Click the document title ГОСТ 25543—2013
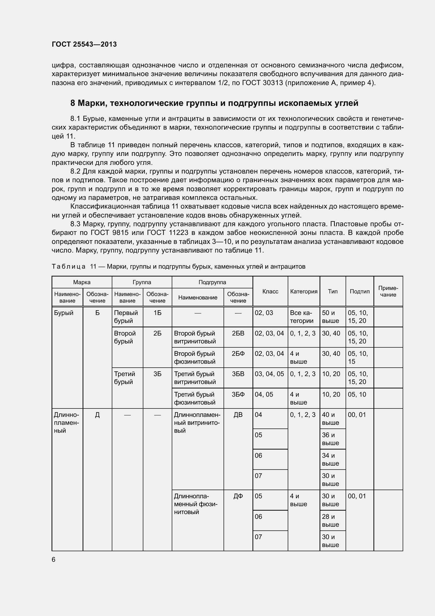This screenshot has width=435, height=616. coord(84,44)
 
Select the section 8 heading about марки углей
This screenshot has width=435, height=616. coord(214,103)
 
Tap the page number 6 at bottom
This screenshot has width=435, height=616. coord(54,559)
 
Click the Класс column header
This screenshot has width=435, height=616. coord(270,291)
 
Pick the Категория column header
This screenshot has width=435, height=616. coord(304,291)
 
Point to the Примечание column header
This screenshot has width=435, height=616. coord(388,291)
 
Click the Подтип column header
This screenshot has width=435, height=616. coord(360,291)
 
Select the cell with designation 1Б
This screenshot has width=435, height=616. coord(157,313)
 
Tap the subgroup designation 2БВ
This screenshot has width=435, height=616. coord(238,333)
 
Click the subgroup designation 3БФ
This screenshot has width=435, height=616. coord(238,395)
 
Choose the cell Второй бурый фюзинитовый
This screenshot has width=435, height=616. coord(195,357)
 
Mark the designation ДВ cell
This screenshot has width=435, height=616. coord(238,415)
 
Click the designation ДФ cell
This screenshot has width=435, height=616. coord(238,496)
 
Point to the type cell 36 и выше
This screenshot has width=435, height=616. coord(330,439)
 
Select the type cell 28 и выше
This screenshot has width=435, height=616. coord(330,520)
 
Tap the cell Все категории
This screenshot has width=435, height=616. coord(301,317)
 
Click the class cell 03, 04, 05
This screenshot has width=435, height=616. coord(269,374)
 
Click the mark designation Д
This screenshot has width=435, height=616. coord(97,415)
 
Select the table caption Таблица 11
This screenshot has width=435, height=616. coord(178,267)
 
